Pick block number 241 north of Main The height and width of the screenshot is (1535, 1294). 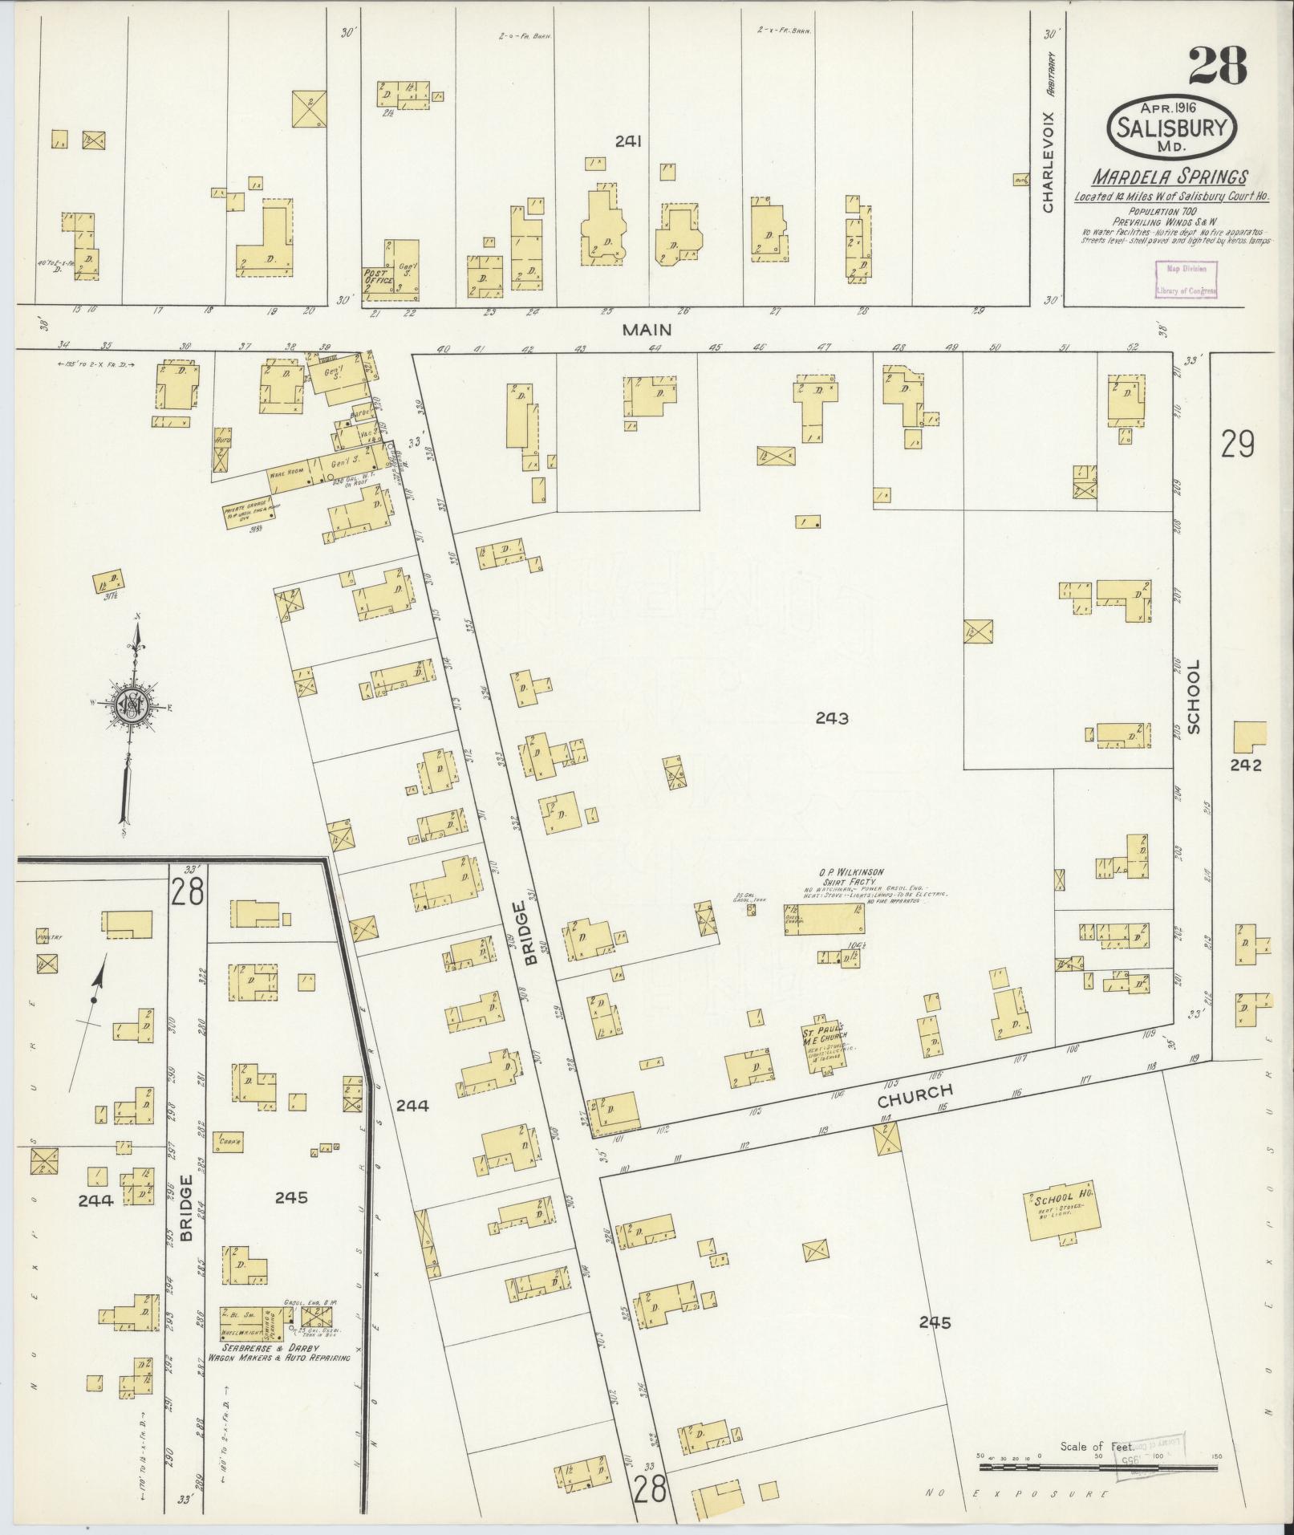pyautogui.click(x=628, y=142)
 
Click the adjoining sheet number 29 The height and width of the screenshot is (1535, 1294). pyautogui.click(x=1237, y=445)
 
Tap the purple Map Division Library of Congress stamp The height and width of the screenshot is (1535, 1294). pyautogui.click(x=1186, y=280)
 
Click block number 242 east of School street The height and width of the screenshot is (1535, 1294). pyautogui.click(x=1246, y=765)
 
